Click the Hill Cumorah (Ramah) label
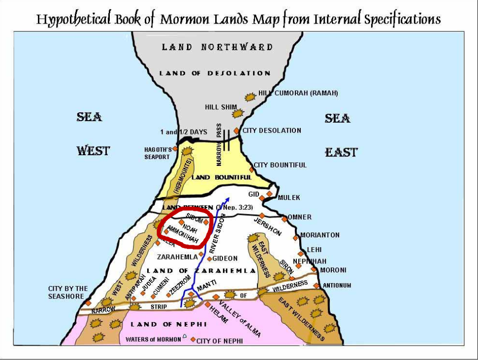click(298, 93)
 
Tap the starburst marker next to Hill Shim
click(238, 113)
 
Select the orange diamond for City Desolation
click(236, 131)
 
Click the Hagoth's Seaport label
click(157, 153)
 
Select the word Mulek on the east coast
click(288, 197)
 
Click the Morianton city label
click(320, 235)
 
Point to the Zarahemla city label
click(177, 257)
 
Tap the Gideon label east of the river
click(225, 258)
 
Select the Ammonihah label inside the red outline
click(183, 235)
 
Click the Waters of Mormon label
click(153, 339)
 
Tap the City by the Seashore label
click(67, 292)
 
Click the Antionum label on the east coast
click(337, 285)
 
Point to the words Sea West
click(91, 133)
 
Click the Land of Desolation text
click(215, 73)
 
